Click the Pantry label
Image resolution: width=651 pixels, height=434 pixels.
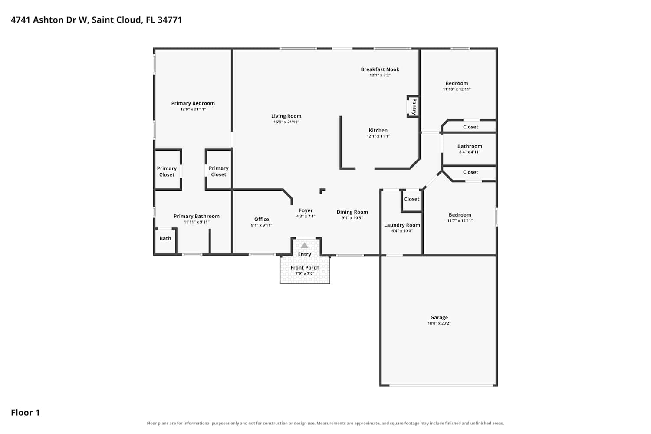coord(414,106)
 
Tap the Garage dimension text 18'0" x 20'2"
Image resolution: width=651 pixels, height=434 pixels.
coord(439,323)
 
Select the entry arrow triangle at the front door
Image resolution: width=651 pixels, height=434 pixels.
coord(304,245)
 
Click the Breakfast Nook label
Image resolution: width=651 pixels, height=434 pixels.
coord(380,69)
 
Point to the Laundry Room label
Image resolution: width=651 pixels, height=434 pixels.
coord(402,225)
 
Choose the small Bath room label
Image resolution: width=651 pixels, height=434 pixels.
coord(165,238)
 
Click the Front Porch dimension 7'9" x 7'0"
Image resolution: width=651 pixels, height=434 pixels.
coord(305,273)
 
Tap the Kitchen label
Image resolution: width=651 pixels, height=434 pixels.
coord(378,130)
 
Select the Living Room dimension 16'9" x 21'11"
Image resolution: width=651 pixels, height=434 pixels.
coord(286,122)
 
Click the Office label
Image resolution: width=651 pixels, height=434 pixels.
coord(262,219)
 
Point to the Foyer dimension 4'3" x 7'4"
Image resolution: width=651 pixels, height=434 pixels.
coord(306,216)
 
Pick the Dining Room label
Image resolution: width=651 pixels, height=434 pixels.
coord(352,212)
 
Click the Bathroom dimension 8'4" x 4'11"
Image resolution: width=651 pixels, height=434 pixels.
coord(470,152)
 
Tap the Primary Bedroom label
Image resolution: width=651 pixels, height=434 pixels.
coord(193,103)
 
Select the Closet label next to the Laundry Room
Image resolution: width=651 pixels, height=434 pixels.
coord(412,199)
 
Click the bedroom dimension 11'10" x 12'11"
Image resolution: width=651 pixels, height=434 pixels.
coord(457,89)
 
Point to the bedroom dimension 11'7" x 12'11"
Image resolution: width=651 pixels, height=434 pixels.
coord(460,220)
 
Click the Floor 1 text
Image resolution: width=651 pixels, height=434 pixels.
coord(25,412)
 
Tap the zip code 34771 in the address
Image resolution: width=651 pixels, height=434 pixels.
coord(170,20)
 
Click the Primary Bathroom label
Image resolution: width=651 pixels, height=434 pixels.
coord(197,216)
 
